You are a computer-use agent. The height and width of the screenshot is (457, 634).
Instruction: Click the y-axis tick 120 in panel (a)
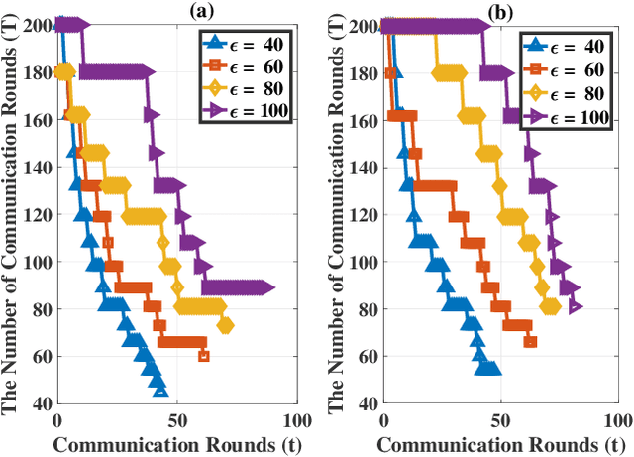pos(38,214)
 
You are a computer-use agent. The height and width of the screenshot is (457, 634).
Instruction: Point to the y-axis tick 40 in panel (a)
pos(42,403)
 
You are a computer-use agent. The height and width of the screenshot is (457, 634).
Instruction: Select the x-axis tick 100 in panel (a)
pos(289,418)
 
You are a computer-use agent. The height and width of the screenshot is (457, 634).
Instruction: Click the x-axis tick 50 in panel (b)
pos(500,418)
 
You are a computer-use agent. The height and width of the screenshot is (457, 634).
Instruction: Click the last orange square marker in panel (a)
pos(204,356)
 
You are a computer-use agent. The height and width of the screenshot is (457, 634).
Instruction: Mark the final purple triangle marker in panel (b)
pos(576,307)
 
